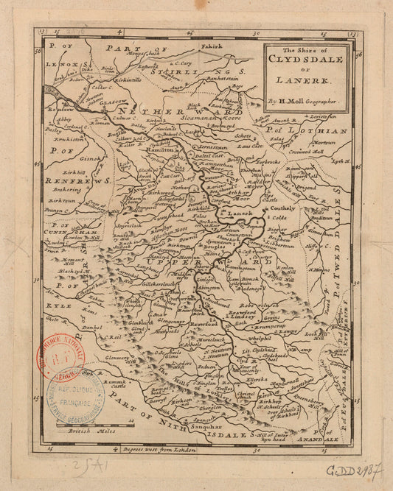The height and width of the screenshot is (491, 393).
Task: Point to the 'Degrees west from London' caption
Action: pyautogui.click(x=160, y=448)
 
